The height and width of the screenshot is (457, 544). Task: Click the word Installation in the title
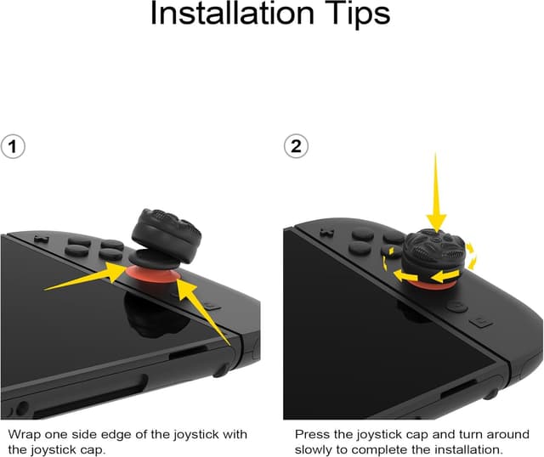(x=230, y=14)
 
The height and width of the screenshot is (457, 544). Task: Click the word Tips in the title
(x=351, y=14)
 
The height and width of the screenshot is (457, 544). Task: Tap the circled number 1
(x=12, y=147)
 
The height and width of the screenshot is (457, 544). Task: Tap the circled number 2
(x=296, y=147)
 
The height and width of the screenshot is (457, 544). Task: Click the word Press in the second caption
(x=312, y=434)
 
